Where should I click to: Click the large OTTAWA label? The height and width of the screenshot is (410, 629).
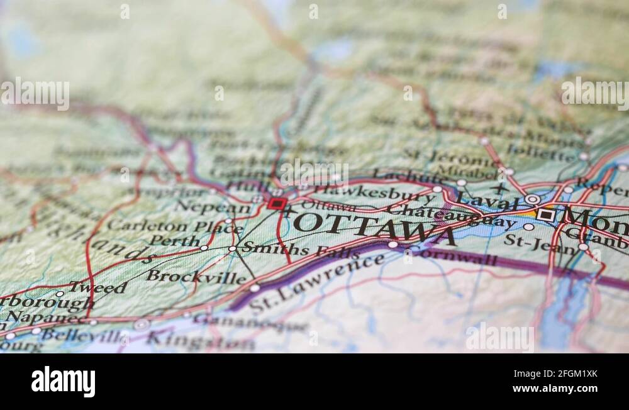(x=375, y=228)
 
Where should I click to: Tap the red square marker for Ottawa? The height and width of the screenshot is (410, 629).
(x=276, y=204)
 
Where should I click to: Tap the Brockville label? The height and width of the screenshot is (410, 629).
(x=196, y=276)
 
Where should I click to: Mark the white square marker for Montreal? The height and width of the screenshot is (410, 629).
(x=545, y=215)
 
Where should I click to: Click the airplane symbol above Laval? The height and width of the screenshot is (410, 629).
(x=500, y=188)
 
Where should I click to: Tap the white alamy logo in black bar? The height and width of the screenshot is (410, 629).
(x=64, y=382)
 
